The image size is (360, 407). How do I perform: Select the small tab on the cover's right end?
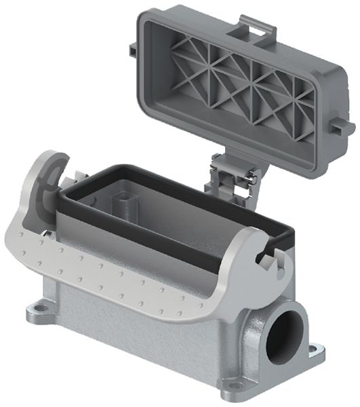[345, 126]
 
